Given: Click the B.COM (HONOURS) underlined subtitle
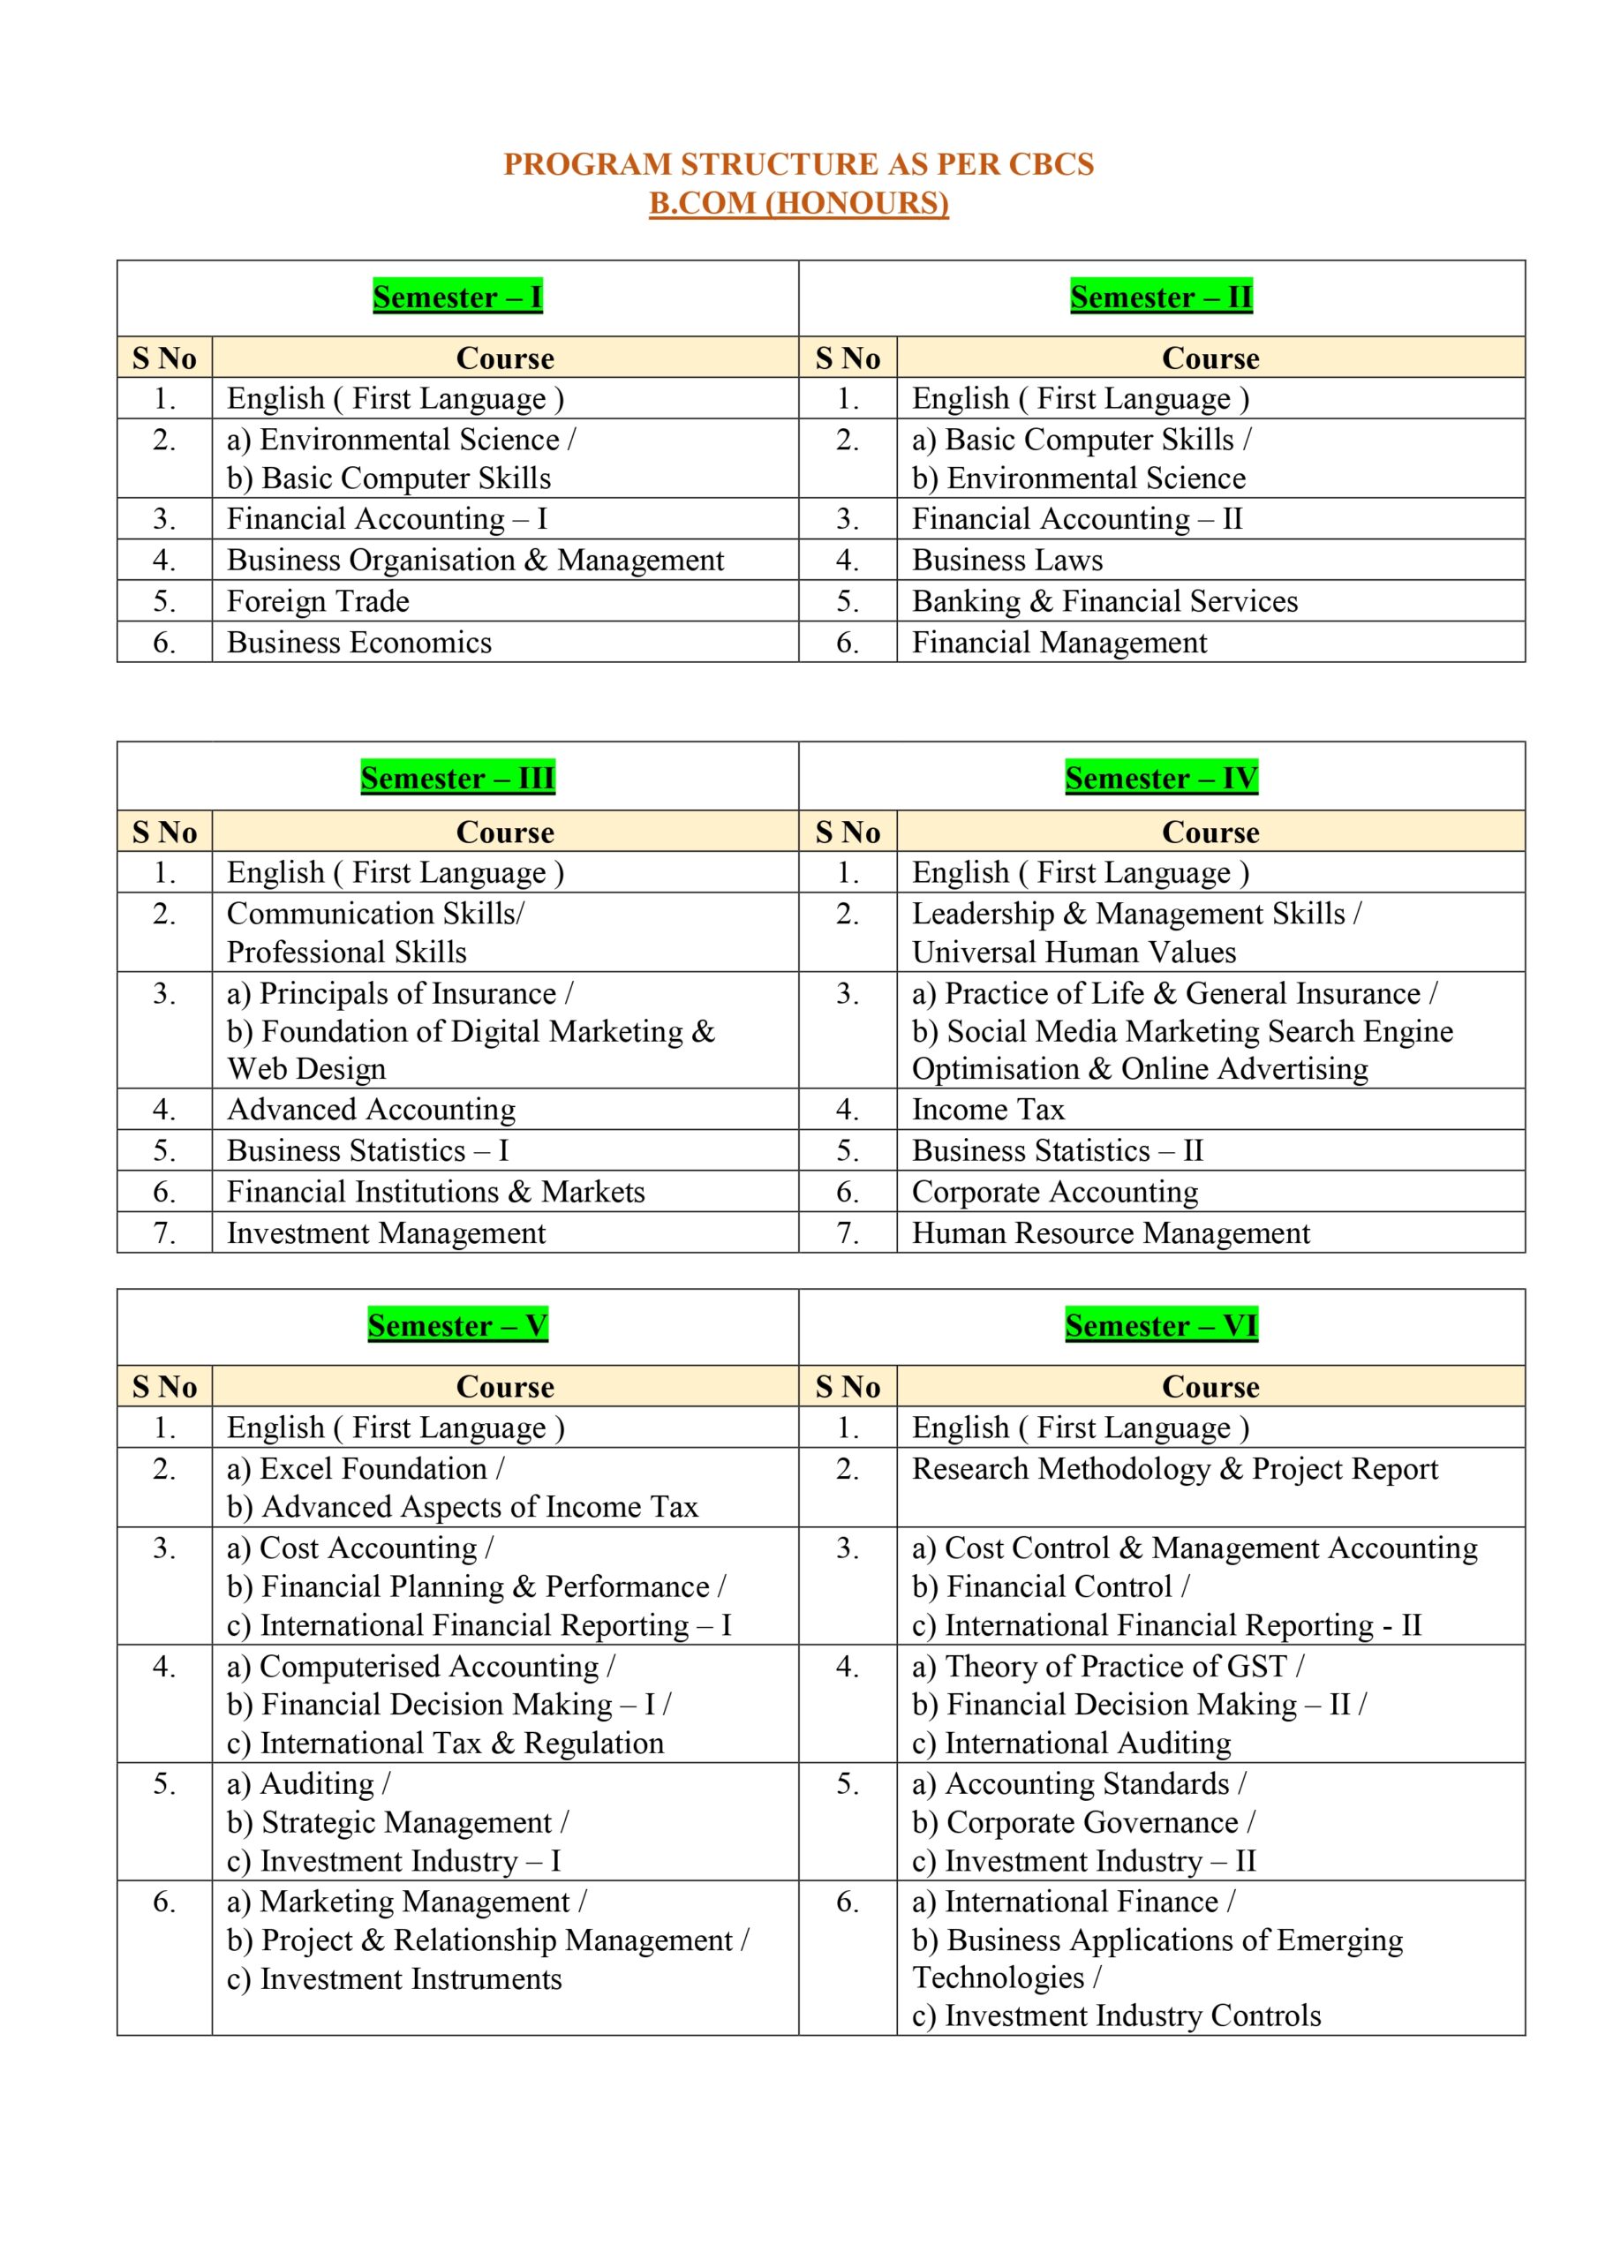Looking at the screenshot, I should coord(798,203).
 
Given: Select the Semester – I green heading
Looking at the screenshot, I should coord(458,298).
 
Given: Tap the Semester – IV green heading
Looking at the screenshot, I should coord(1161,779).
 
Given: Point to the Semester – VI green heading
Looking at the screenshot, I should coord(1161,1326).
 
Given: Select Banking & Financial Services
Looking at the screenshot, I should coord(1104,600).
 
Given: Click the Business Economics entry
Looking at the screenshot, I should coord(359,642).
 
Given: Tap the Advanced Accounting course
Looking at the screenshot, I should coord(371,1110).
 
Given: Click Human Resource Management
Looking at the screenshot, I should coord(1111,1232).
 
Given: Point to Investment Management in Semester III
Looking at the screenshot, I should coord(386,1232).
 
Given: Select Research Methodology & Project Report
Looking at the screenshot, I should coord(1174,1469).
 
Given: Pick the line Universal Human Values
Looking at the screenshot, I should coord(1074,952).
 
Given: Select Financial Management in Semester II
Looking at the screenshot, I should coord(1059,642).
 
